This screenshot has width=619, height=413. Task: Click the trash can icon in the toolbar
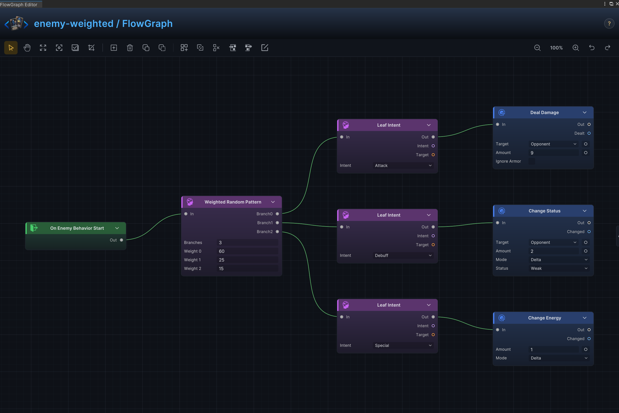click(130, 48)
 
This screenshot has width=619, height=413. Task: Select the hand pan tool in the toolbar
click(27, 48)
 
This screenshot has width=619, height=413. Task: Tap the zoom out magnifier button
click(537, 48)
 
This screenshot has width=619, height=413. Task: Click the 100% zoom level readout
click(556, 48)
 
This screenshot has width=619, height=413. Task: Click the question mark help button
click(609, 24)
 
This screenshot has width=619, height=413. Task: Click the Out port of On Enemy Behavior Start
click(121, 240)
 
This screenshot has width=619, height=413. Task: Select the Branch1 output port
click(277, 223)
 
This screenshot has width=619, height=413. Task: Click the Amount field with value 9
click(554, 153)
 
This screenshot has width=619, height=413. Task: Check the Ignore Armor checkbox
click(532, 161)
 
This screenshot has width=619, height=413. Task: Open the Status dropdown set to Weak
click(559, 268)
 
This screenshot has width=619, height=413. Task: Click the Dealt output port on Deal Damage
click(589, 133)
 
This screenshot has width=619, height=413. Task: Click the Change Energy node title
click(544, 318)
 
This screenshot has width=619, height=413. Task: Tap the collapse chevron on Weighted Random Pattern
click(273, 202)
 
